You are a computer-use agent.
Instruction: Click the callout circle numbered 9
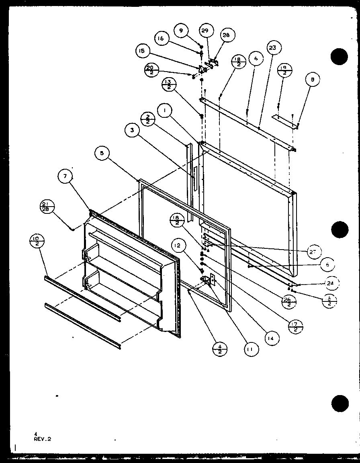[181, 30]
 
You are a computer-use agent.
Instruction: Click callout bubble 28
[226, 35]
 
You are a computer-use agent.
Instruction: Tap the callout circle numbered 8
[313, 80]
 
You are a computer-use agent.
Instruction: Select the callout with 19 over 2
[284, 70]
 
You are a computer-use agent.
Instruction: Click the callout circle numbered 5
[102, 153]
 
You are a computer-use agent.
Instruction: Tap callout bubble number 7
[65, 177]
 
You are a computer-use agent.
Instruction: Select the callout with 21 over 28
[47, 207]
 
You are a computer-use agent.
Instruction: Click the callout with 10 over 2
[37, 242]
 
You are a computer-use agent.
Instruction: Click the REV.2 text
[43, 439]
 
